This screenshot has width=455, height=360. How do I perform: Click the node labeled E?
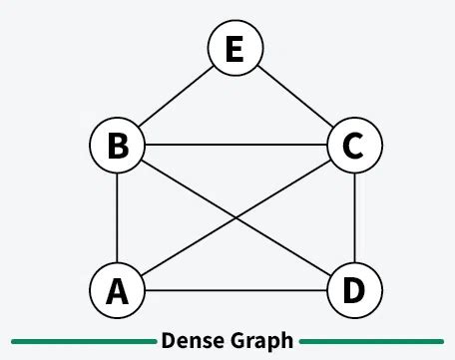(x=234, y=48)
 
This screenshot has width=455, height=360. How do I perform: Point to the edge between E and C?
(x=293, y=97)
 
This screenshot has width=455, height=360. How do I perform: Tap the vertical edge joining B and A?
(x=118, y=218)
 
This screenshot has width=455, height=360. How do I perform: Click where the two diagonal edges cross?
(x=234, y=218)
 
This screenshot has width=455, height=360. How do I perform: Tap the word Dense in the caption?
(x=190, y=341)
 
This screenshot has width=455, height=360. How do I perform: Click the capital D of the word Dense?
(x=168, y=341)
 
